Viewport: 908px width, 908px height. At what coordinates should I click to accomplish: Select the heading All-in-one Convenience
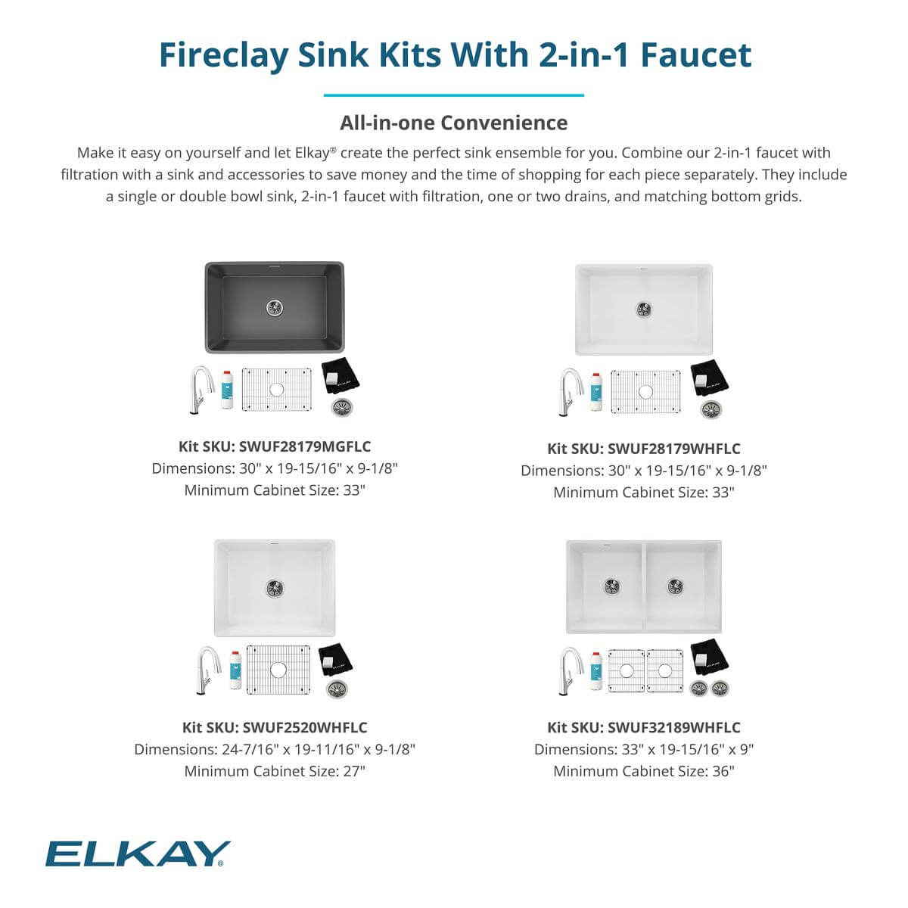click(x=453, y=123)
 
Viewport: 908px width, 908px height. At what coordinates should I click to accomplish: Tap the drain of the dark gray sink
click(x=275, y=307)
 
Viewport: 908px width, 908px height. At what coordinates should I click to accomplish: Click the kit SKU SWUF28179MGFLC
click(x=275, y=446)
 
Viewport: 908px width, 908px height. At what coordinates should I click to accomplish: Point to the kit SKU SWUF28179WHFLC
click(x=644, y=449)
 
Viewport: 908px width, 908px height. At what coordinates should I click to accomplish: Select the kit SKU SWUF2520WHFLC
click(x=275, y=727)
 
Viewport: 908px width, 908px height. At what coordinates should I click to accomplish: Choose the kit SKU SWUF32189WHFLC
click(x=644, y=727)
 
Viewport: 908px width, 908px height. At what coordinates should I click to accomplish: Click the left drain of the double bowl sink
click(x=613, y=586)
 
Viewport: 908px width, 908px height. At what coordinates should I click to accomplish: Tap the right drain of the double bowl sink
click(x=675, y=586)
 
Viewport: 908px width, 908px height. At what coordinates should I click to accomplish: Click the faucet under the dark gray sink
click(x=201, y=389)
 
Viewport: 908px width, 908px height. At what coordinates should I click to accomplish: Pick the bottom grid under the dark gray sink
click(x=277, y=390)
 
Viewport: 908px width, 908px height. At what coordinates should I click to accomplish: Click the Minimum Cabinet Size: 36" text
click(x=644, y=771)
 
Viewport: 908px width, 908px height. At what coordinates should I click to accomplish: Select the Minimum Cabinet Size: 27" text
click(x=275, y=771)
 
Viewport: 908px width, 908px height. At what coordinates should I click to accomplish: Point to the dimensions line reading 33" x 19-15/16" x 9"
click(x=644, y=749)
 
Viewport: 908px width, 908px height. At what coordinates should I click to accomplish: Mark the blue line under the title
click(x=454, y=95)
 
